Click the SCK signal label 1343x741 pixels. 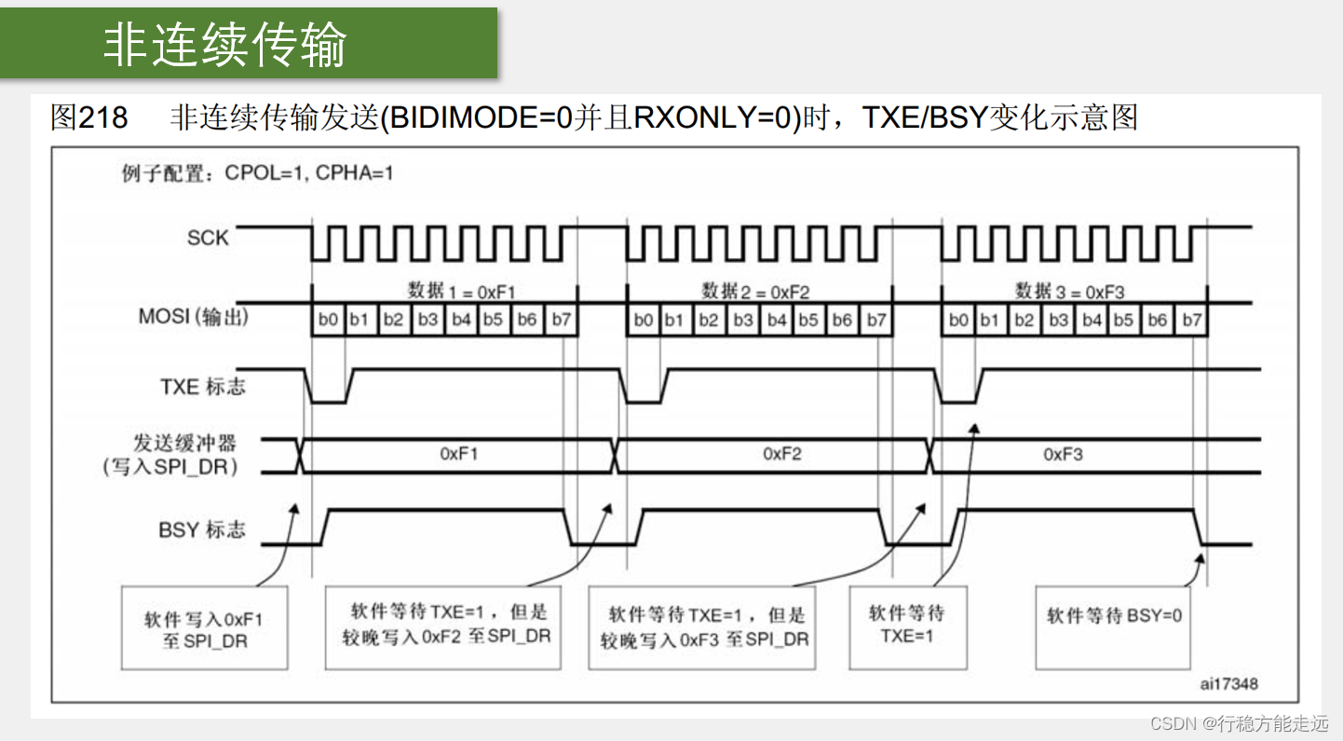(207, 238)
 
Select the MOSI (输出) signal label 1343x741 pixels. (193, 317)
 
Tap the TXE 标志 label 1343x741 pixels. (202, 386)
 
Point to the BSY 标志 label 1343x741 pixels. (201, 529)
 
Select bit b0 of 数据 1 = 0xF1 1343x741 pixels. (328, 320)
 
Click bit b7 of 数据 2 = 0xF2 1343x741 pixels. (875, 320)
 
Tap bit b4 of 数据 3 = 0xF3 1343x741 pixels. (1092, 320)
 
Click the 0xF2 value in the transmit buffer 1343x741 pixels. (782, 454)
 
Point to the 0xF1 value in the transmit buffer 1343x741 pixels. (459, 454)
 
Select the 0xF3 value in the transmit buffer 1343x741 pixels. (1063, 454)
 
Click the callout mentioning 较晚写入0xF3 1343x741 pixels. (702, 627)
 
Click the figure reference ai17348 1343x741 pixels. (1228, 684)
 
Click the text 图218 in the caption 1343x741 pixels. (88, 117)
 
